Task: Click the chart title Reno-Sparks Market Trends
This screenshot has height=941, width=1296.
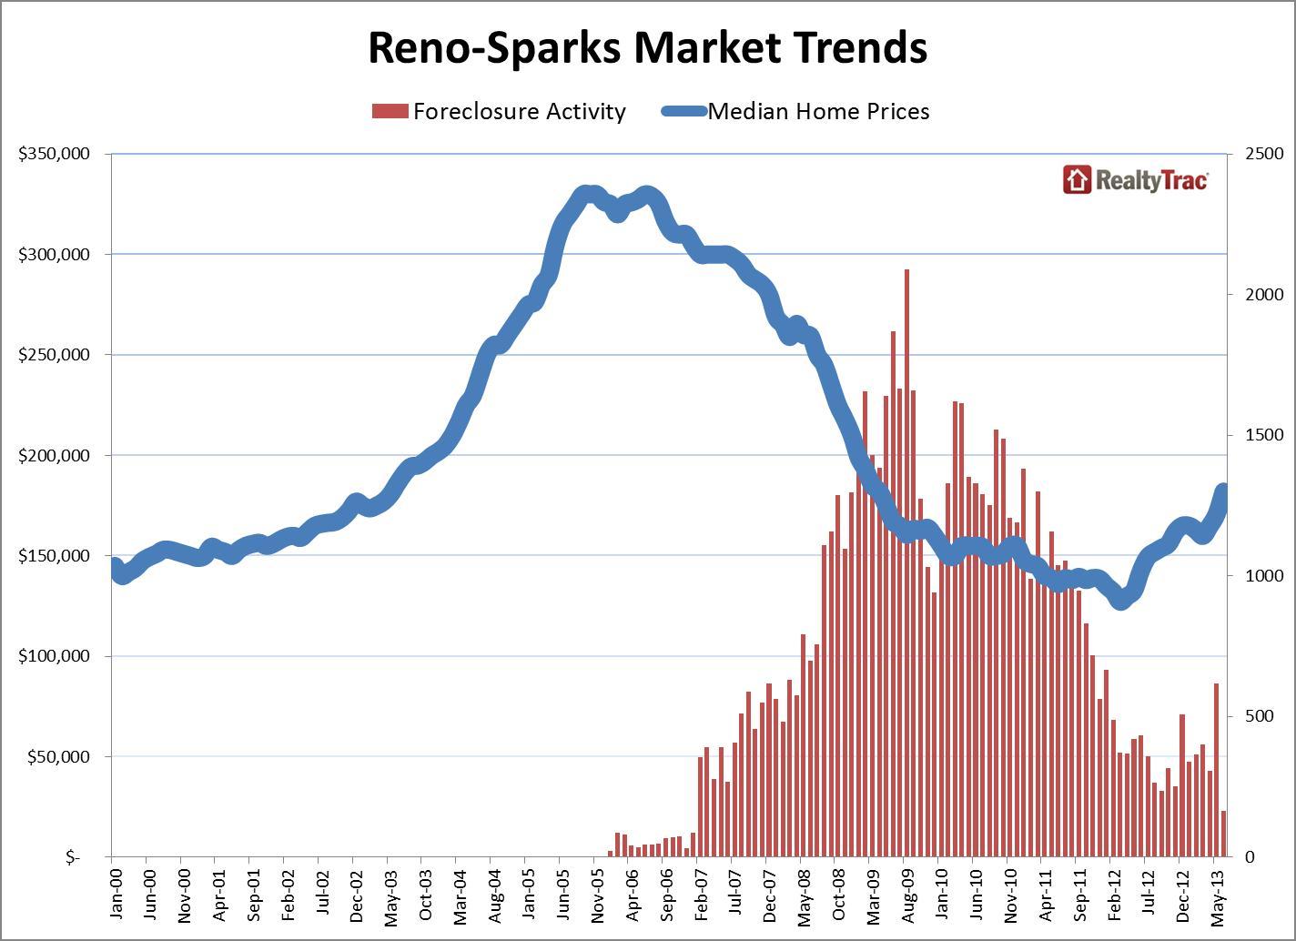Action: (x=647, y=47)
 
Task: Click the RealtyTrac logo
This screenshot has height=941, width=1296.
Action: (x=1136, y=179)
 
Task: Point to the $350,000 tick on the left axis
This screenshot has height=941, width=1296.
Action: (x=54, y=154)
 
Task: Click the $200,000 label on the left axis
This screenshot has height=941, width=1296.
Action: (x=54, y=455)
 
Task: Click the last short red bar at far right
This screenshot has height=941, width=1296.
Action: (x=1224, y=834)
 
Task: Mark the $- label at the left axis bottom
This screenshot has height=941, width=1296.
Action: (x=73, y=857)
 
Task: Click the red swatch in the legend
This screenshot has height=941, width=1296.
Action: (x=389, y=111)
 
